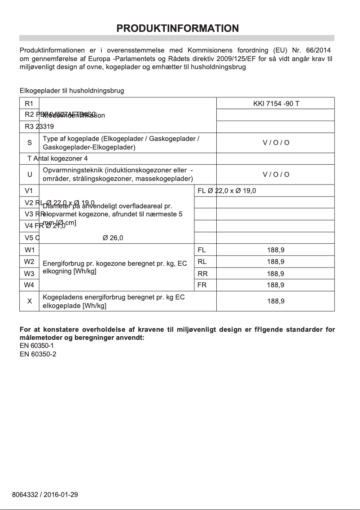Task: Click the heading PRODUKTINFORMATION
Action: tap(177, 28)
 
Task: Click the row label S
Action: tap(30, 143)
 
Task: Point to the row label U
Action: tap(30, 174)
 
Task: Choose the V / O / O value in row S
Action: tap(276, 143)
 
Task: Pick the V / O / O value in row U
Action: tap(276, 174)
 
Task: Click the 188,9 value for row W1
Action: tap(276, 250)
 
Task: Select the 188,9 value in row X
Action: tap(276, 301)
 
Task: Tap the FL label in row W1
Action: tap(202, 250)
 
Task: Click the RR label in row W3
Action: tap(202, 273)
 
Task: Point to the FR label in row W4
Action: tap(202, 285)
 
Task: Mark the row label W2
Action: tap(30, 261)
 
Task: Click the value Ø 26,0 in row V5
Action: tap(113, 238)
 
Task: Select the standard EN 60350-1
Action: tap(37, 346)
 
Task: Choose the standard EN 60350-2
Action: tap(37, 354)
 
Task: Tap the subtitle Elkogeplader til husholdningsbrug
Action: tap(72, 91)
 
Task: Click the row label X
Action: tap(30, 301)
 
